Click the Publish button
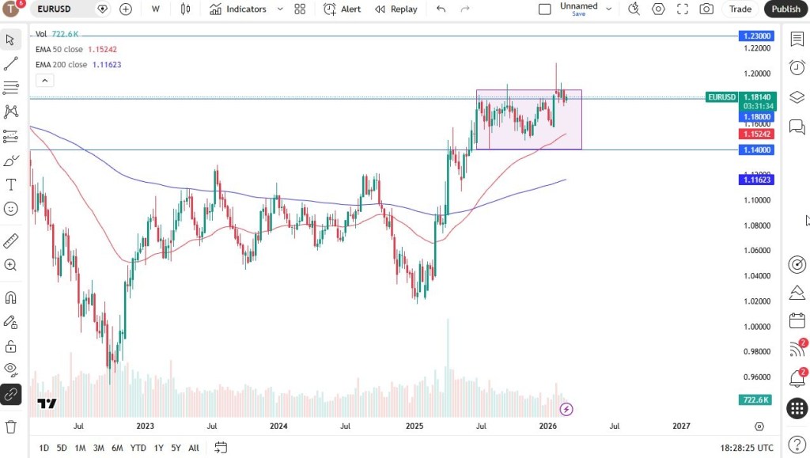785,9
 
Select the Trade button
740,9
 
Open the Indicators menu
238,9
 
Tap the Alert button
343,9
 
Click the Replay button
396,9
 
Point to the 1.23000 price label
756,36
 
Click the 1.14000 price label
756,150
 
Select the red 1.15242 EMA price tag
756,134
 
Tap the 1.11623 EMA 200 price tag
756,180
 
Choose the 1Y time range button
159,448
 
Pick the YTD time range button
138,448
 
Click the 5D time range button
62,448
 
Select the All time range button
194,448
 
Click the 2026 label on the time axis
548,426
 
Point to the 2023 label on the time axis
145,426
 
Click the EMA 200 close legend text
61,65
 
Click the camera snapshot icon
706,9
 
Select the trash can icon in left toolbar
11,426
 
